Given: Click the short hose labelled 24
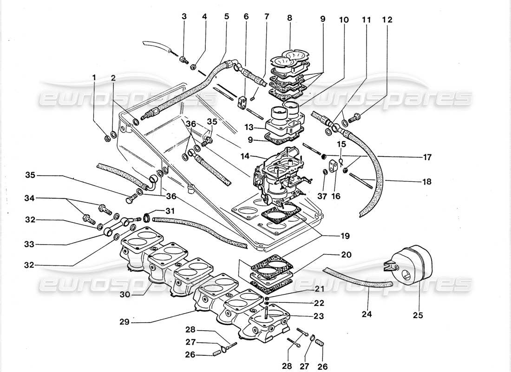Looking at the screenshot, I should pos(358,278).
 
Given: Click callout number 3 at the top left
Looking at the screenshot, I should pos(184,17).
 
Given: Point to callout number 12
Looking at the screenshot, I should pos(387,20).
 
